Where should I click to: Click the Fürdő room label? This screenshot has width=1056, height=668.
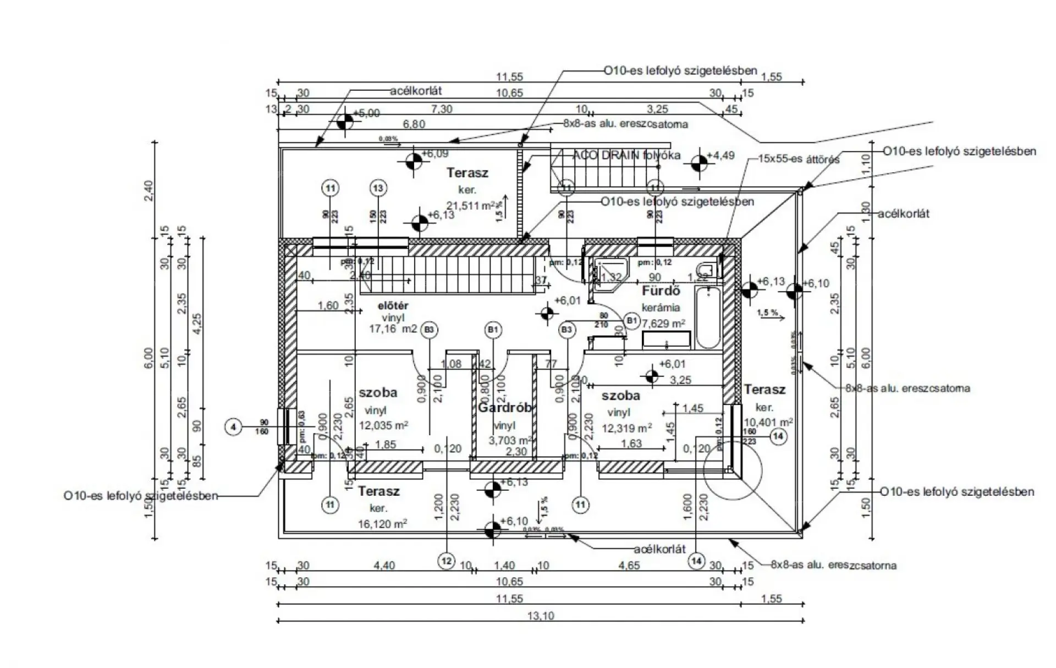661,291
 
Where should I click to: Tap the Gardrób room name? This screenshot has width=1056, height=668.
505,408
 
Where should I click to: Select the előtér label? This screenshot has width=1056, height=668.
393,305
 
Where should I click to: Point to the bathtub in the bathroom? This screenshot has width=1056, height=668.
708,318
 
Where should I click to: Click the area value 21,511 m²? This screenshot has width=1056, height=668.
471,206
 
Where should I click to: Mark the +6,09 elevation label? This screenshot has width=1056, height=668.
435,154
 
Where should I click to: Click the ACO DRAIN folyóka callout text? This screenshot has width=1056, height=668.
626,155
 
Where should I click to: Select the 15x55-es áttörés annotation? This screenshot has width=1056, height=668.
799,160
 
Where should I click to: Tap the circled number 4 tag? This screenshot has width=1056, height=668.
234,426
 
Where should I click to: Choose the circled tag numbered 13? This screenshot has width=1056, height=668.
378,188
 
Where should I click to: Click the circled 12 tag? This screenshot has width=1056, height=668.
446,561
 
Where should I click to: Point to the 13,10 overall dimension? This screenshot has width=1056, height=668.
541,616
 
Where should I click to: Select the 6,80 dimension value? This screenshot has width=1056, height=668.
414,124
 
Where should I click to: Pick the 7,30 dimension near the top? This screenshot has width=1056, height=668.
442,109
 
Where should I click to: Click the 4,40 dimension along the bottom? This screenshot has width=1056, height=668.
384,565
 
